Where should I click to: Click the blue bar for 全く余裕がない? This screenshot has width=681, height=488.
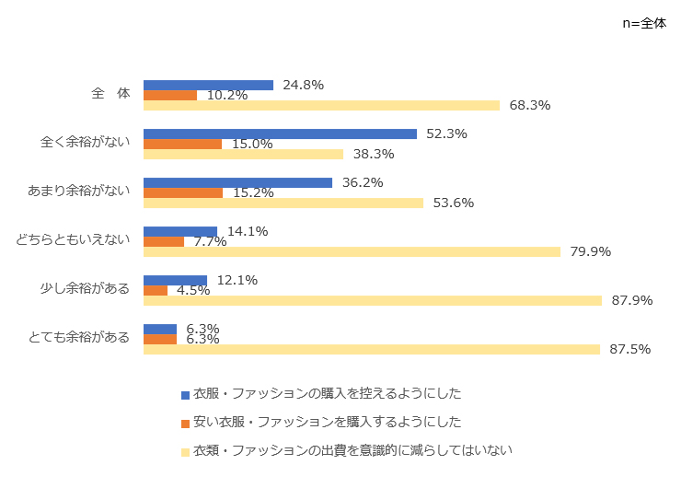pos(280,134)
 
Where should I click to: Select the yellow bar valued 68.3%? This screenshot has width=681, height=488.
pos(321,105)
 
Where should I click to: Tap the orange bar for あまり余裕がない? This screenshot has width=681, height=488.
pos(183,192)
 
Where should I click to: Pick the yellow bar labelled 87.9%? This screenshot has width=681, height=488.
pos(373,300)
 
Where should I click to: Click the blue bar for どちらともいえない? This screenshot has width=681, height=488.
pos(180,232)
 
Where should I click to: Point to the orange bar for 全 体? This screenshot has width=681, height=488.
pos(170,95)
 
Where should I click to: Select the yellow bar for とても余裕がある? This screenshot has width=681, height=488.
pos(372,349)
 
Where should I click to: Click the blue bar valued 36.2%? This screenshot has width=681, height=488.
pos(237,182)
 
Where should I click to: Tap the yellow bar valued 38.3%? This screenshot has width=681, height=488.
pos(243,154)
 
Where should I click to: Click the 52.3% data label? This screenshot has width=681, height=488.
pos(446,134)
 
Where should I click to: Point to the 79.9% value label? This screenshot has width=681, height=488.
pos(590,251)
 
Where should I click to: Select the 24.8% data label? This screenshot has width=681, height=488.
pos(303,85)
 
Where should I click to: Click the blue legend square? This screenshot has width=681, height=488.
pos(185,394)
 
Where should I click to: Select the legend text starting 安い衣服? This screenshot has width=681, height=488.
pos(327,422)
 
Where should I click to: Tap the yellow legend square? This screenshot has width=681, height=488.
pos(185,451)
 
